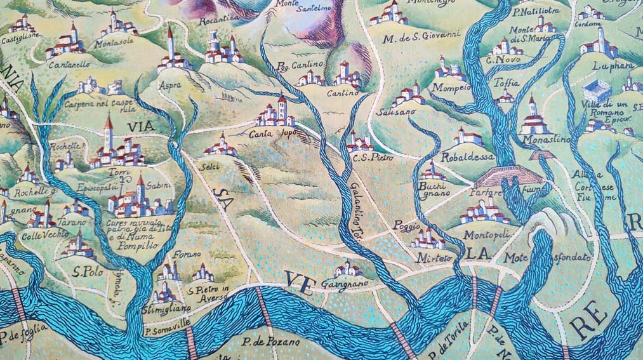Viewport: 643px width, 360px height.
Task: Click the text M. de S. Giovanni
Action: click(x=421, y=38)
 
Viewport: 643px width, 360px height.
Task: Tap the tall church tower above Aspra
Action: click(x=169, y=43)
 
